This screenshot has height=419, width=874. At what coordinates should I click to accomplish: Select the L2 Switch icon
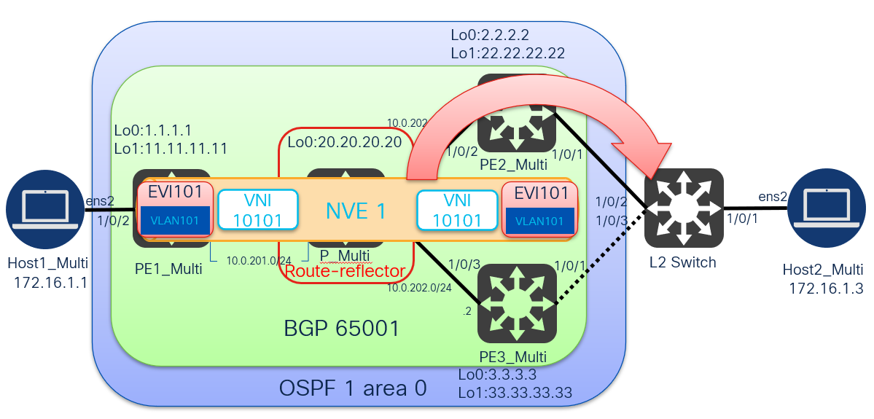[x=683, y=208]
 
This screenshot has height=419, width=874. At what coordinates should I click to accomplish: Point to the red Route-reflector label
[x=345, y=272]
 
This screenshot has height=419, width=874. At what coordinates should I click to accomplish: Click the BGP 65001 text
[x=342, y=328]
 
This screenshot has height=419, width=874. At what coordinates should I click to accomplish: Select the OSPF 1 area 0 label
[x=353, y=388]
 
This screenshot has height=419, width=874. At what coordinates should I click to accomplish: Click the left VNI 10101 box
[x=259, y=210]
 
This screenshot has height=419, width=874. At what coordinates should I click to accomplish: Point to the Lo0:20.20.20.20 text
[x=344, y=141]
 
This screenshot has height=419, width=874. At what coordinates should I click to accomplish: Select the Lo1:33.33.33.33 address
[x=514, y=392]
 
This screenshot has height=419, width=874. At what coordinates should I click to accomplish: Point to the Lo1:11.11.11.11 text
[x=171, y=148]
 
